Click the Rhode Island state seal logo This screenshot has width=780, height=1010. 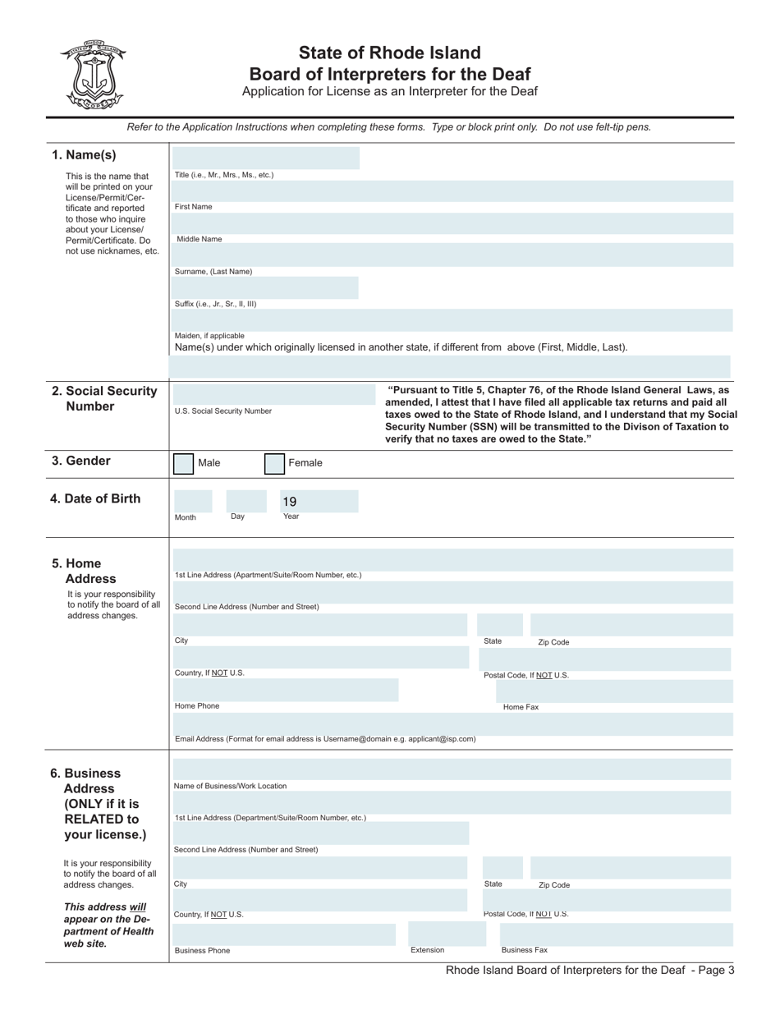(92, 75)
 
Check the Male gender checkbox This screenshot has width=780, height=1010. (183, 464)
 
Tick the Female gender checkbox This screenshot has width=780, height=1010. (274, 464)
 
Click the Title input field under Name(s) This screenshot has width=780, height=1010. (266, 158)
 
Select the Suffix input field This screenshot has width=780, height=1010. (266, 287)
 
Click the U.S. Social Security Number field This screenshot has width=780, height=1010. (273, 394)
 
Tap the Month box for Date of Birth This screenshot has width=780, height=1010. (192, 501)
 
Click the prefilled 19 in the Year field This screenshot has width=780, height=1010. (289, 502)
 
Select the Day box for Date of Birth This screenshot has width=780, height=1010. (244, 501)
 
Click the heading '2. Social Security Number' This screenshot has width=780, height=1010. (104, 398)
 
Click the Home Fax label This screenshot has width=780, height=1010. (521, 707)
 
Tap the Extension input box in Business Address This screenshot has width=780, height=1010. (442, 934)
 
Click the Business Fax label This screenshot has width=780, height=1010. (524, 950)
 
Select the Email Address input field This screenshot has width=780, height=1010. (452, 723)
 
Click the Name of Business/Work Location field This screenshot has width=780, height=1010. (452, 769)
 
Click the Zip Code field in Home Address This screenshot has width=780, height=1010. (630, 625)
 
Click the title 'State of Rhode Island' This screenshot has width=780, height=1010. (389, 53)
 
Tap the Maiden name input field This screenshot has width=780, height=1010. (452, 320)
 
